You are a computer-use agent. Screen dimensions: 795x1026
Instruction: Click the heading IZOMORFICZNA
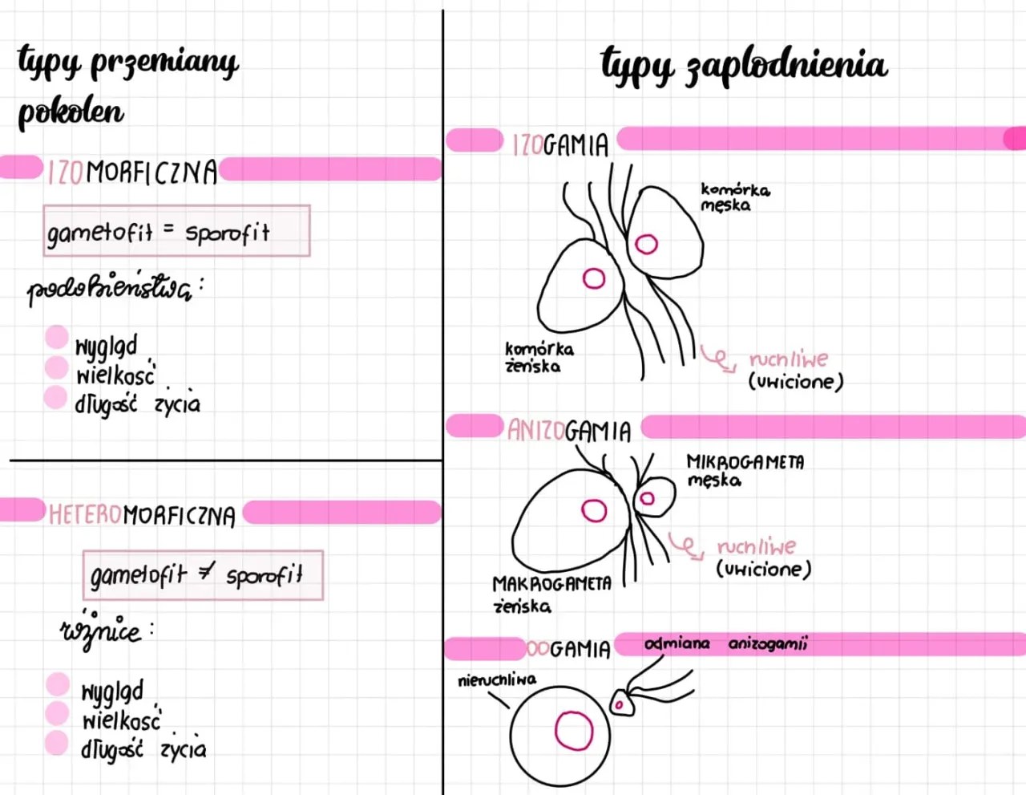tap(132, 172)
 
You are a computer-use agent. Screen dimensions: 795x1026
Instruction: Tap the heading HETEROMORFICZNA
tap(142, 514)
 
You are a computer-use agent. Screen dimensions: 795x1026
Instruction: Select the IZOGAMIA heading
tap(560, 144)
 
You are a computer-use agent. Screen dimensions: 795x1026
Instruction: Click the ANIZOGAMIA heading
tap(569, 431)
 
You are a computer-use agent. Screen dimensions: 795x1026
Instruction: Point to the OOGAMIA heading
tap(569, 648)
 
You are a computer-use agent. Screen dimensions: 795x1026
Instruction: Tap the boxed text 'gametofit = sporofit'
tap(176, 232)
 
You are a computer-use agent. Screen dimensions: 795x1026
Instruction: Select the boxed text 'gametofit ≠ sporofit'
tap(202, 575)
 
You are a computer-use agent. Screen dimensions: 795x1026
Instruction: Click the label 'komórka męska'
tap(734, 197)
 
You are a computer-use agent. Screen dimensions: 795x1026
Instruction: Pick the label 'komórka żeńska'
tap(539, 358)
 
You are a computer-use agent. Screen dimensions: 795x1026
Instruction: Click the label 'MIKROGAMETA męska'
tap(745, 471)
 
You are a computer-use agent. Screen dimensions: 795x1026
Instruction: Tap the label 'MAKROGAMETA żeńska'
tap(551, 594)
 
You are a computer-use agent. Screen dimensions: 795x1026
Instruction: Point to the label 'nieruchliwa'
tap(497, 680)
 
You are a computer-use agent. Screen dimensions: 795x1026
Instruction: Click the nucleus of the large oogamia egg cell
tap(574, 731)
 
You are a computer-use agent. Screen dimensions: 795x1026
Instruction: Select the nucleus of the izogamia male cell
tap(646, 244)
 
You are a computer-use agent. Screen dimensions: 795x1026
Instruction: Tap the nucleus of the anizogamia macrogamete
tap(594, 510)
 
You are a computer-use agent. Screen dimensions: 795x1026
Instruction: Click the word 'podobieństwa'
tap(110, 289)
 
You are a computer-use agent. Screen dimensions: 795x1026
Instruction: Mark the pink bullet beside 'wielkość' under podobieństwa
tap(56, 367)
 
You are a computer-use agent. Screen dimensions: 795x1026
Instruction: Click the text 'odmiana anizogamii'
tap(726, 643)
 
